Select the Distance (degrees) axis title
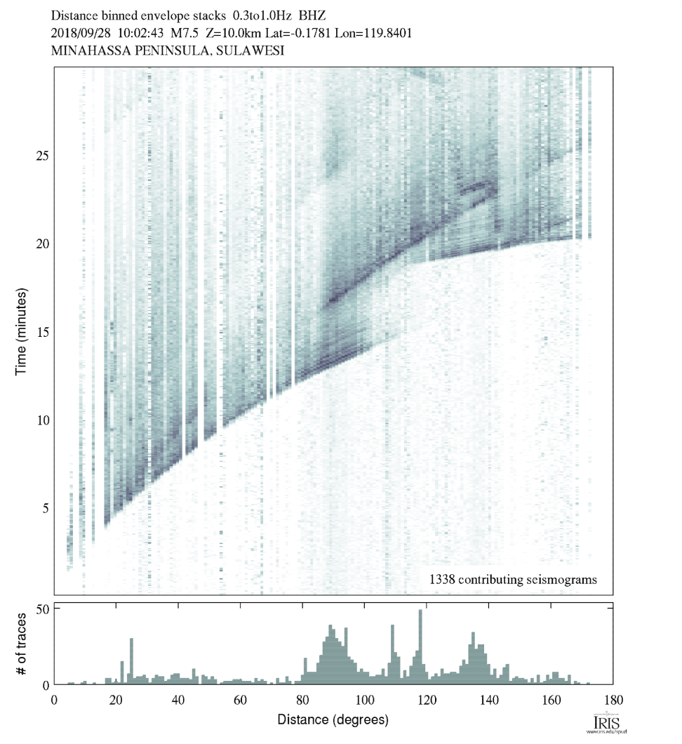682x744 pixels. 333,719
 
